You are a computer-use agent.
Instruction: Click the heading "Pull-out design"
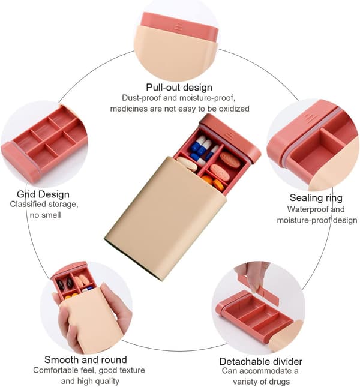[179, 88]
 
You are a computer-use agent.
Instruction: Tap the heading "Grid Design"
[43, 194]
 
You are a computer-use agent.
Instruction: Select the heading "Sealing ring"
[316, 198]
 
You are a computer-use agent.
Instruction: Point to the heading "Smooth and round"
[86, 359]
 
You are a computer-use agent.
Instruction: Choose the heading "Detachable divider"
[261, 362]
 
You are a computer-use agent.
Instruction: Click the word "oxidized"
[234, 109]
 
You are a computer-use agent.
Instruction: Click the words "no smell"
[45, 215]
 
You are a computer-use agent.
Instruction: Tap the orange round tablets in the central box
[213, 183]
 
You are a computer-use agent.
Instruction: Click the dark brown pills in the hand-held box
[65, 284]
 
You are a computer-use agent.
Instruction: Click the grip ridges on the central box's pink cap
[230, 136]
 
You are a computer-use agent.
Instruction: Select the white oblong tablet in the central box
[188, 164]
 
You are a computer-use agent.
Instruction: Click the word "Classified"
[28, 205]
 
